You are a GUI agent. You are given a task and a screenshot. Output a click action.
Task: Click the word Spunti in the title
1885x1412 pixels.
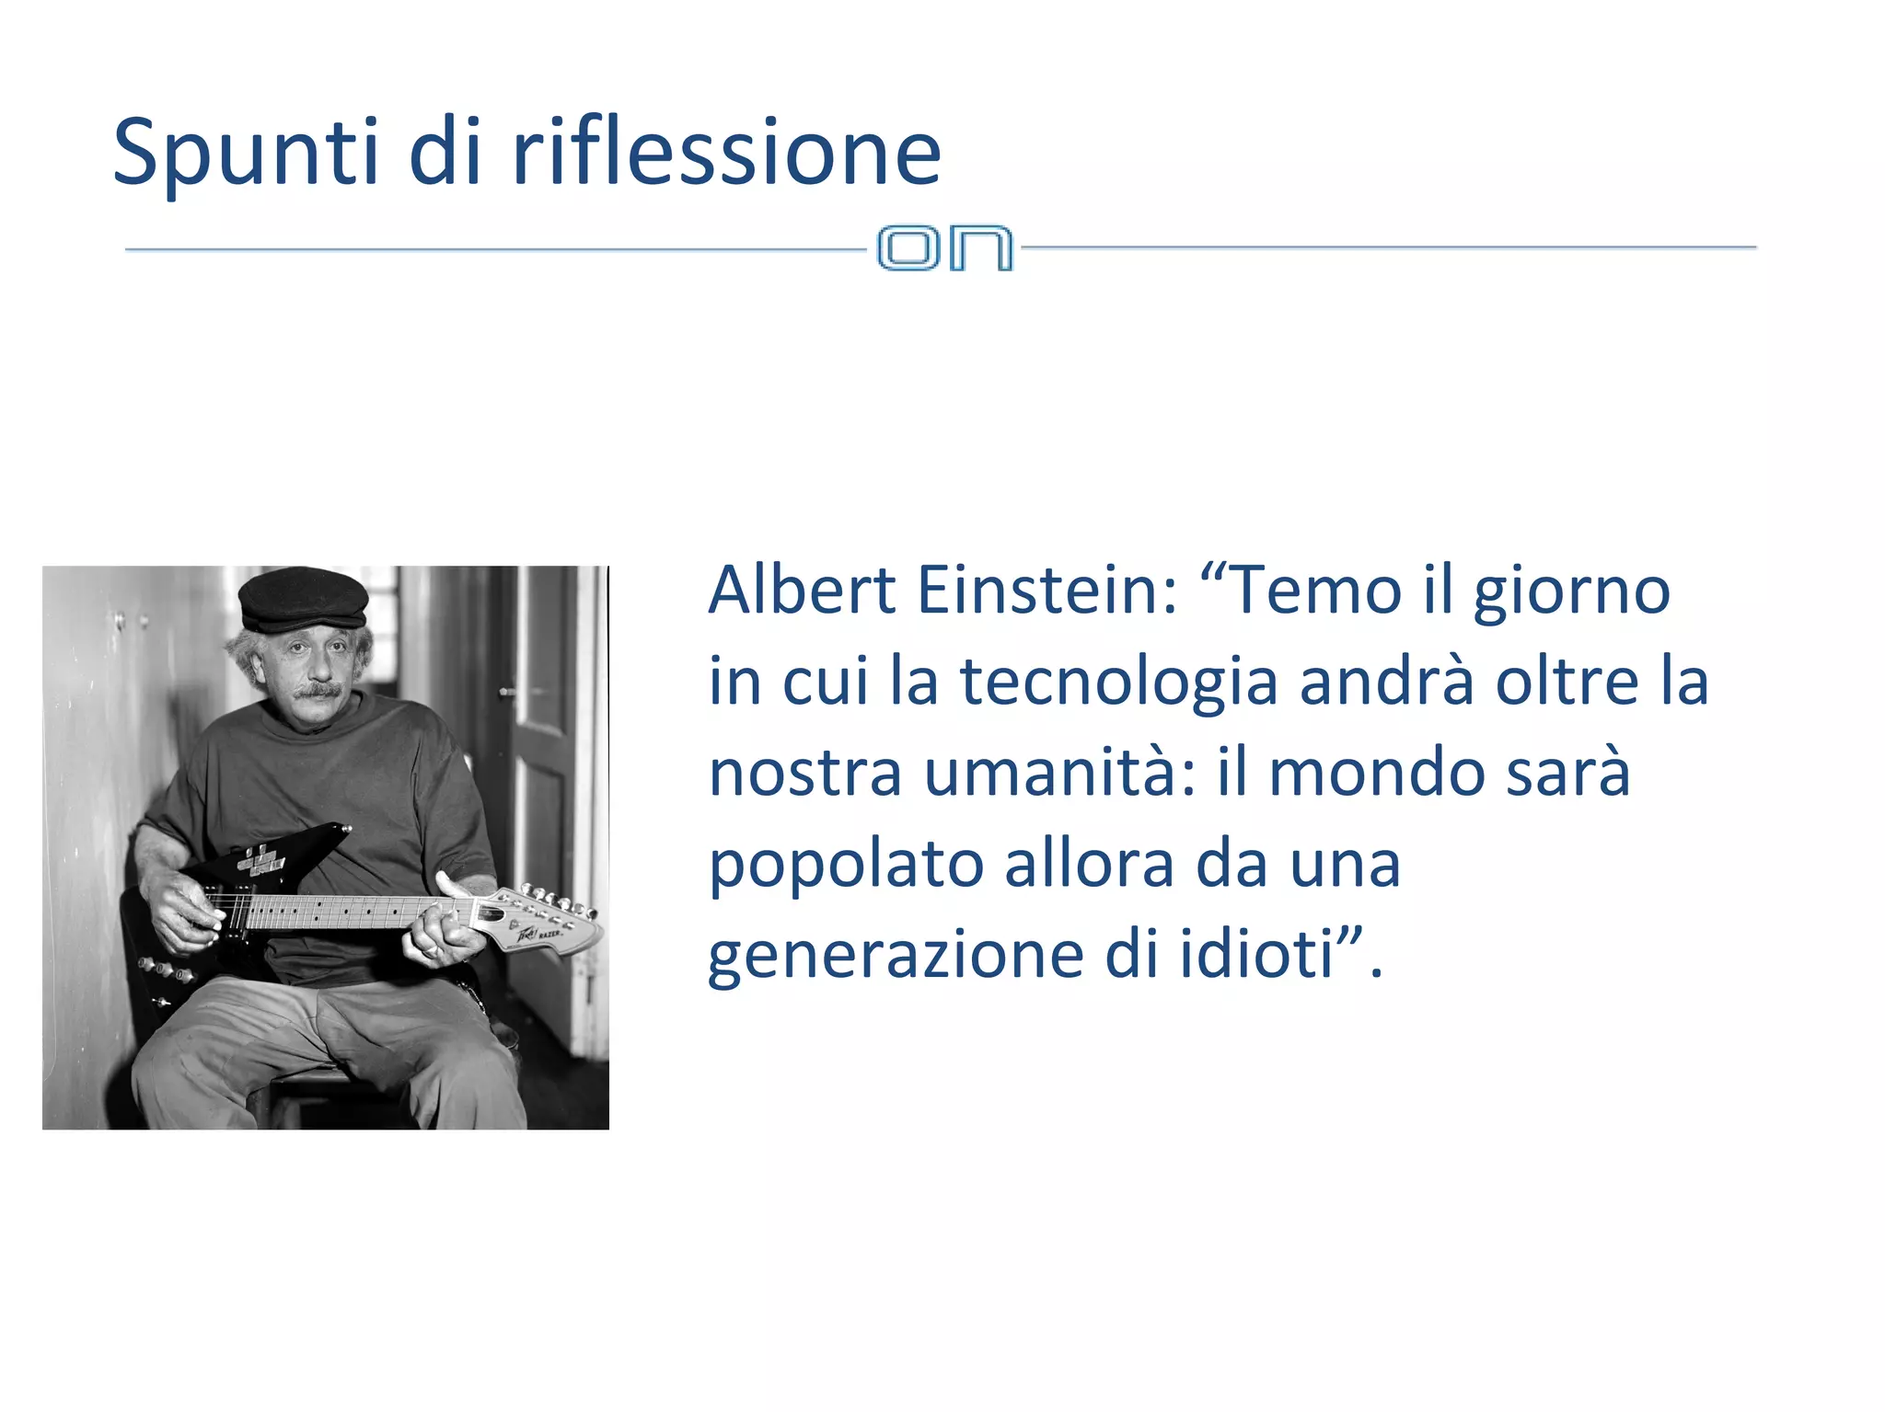coord(245,152)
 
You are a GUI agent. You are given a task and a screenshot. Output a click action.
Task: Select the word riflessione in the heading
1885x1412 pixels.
coord(726,152)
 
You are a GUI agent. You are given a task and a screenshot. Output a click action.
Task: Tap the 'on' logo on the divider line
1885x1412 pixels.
coord(944,247)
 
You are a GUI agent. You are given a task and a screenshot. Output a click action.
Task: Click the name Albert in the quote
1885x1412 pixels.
coord(802,590)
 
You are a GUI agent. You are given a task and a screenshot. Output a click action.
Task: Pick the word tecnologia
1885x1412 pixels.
coord(1119,683)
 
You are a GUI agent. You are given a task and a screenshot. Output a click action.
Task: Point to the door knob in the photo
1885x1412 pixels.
coord(506,692)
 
